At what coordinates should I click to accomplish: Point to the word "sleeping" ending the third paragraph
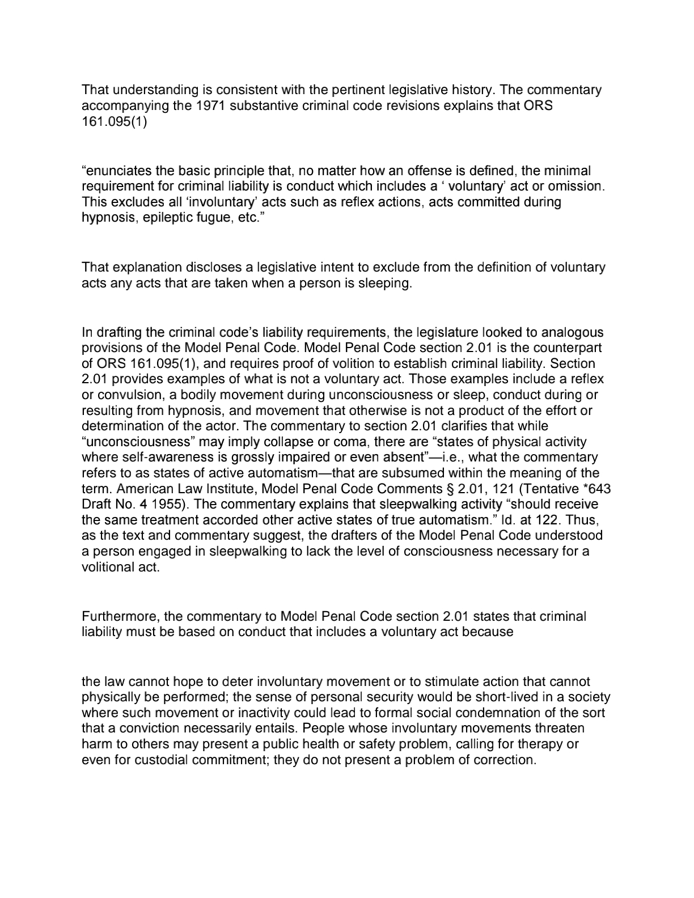point(386,283)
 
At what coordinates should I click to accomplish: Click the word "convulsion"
point(124,395)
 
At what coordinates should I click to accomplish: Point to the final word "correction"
point(506,760)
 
